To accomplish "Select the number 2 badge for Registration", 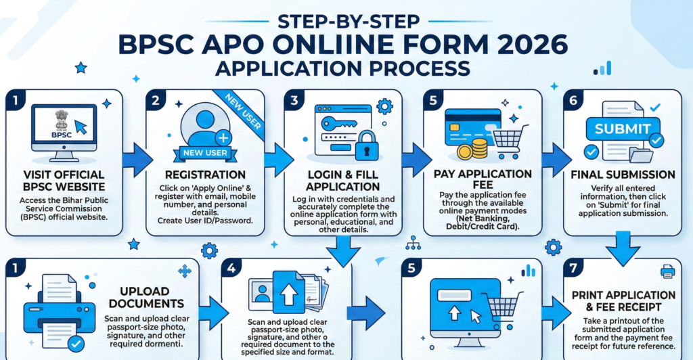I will [156, 100].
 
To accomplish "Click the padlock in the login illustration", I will [365, 143].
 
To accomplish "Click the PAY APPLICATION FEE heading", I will [482, 179].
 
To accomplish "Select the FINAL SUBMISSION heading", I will [623, 175].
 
